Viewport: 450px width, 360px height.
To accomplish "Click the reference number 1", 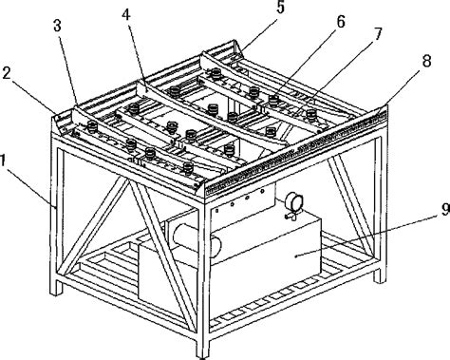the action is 3,161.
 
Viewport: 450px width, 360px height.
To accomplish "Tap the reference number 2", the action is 8,73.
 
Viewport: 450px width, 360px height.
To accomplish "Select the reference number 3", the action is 57,26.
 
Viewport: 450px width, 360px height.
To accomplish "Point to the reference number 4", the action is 127,15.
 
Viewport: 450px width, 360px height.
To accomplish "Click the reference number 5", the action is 280,8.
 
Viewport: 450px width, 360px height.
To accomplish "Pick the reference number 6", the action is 340,22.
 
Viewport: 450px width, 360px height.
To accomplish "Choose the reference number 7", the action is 377,34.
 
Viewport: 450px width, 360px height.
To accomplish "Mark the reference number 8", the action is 426,61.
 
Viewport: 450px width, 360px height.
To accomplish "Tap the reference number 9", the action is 445,209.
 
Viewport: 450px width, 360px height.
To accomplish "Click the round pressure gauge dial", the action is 294,201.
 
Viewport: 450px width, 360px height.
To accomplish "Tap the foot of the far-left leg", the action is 56,288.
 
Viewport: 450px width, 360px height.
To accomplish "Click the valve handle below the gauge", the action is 292,216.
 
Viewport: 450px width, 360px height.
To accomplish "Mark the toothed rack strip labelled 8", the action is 296,150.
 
